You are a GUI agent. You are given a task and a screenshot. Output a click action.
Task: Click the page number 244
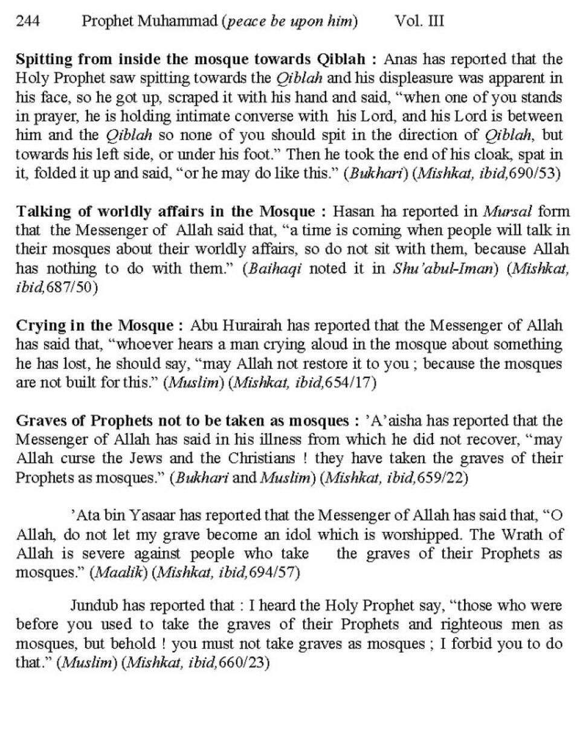click(x=28, y=22)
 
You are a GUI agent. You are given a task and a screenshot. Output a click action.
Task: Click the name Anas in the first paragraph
click(x=399, y=60)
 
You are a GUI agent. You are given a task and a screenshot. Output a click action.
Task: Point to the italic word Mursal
click(x=507, y=212)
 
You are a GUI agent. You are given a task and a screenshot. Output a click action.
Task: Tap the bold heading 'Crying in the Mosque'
click(x=95, y=326)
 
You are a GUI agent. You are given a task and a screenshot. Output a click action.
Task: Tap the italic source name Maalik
click(x=119, y=572)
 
